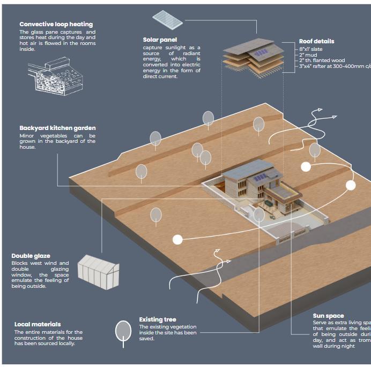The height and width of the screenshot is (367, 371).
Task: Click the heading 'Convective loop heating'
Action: click(x=56, y=24)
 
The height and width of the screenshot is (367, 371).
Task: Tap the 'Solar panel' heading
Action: click(x=160, y=40)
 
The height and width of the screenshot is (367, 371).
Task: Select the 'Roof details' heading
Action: click(x=316, y=41)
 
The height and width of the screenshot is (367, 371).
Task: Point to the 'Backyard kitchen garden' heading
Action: click(x=57, y=128)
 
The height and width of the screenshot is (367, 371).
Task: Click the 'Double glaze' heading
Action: click(x=31, y=256)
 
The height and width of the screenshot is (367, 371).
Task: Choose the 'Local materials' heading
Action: click(x=38, y=324)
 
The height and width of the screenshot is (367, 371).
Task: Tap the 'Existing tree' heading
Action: click(x=157, y=320)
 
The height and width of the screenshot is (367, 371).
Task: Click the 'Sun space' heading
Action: click(x=328, y=316)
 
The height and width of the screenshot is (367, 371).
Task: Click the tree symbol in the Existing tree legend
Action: click(x=124, y=331)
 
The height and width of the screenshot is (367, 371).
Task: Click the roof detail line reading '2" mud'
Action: click(x=309, y=55)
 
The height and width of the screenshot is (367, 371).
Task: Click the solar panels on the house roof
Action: click(x=261, y=177)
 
